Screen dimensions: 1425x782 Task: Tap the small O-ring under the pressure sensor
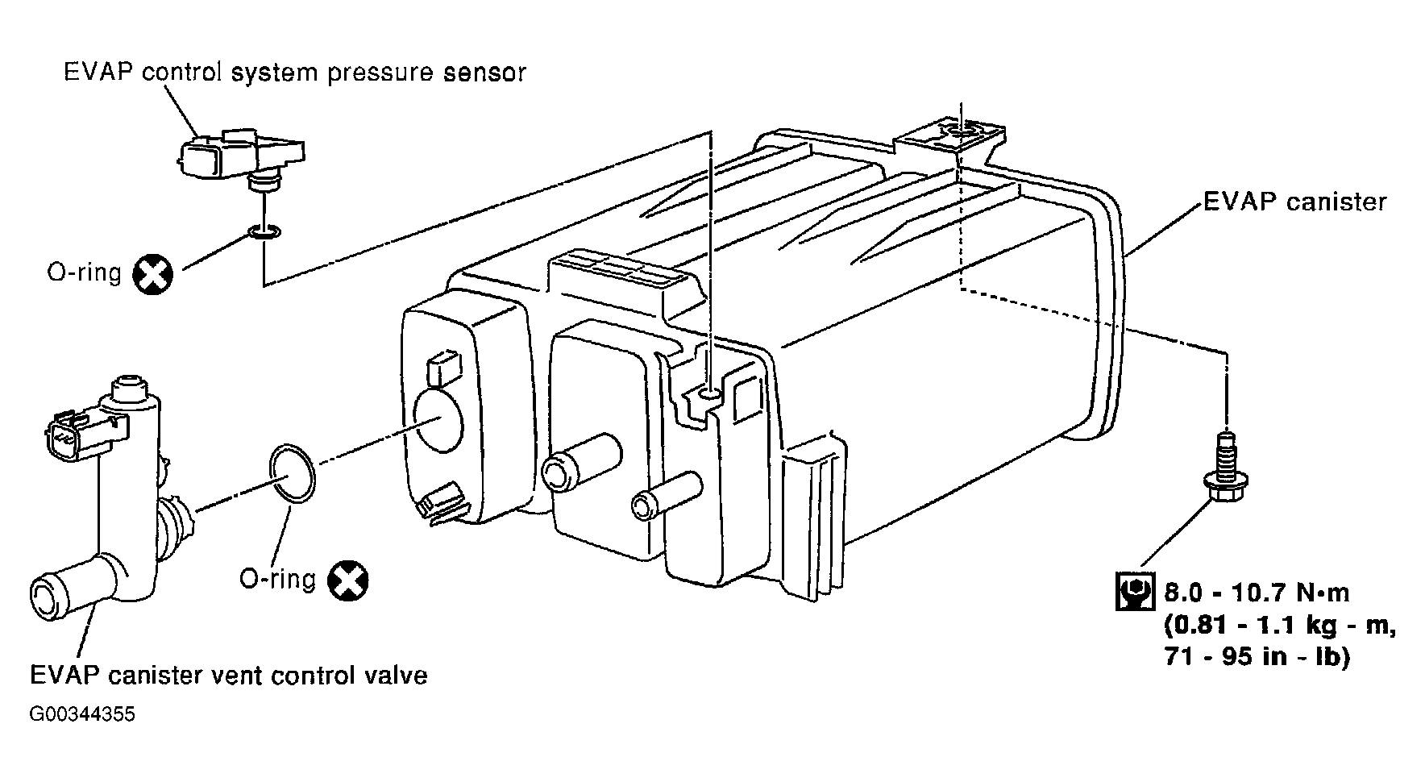click(264, 233)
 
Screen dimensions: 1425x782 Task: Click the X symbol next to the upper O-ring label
click(153, 274)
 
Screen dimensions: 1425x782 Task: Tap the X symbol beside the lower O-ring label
click(349, 580)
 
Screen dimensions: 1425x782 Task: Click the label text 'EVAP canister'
click(1294, 201)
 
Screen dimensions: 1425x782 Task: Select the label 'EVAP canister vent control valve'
click(229, 673)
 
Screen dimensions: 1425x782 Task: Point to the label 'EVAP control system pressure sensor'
click(295, 72)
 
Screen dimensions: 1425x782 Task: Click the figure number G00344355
click(82, 714)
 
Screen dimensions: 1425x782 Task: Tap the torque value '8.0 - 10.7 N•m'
click(1257, 593)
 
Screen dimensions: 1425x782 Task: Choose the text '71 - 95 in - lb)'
click(1257, 656)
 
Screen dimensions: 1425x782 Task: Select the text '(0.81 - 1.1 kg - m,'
click(1279, 625)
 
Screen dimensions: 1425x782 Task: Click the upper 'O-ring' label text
click(85, 273)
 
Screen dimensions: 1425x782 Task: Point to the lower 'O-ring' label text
click(277, 579)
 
